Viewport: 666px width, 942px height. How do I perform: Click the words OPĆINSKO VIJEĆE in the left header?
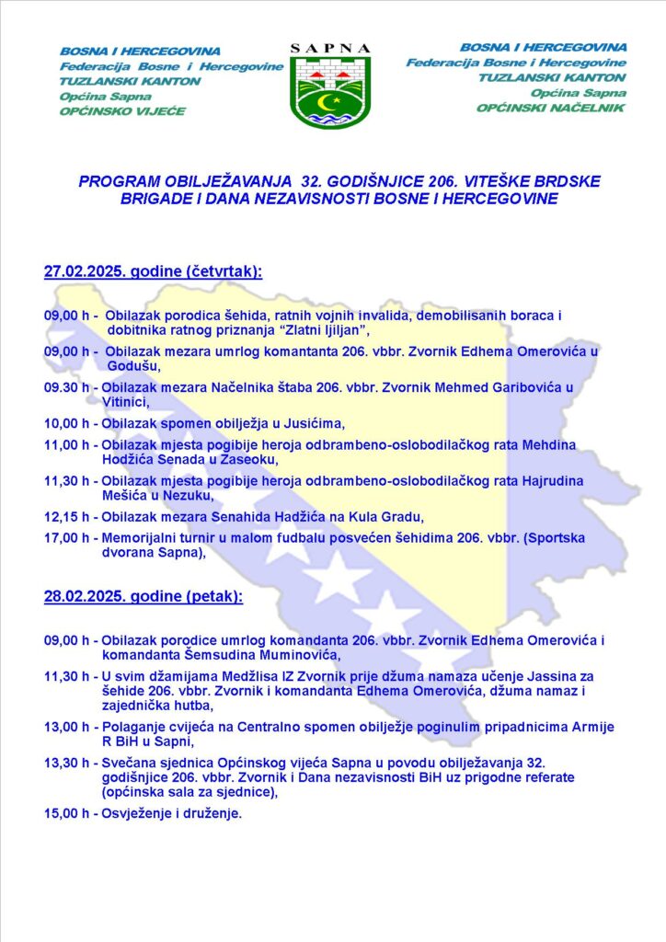(122, 111)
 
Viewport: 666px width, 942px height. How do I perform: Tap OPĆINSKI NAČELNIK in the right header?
(550, 108)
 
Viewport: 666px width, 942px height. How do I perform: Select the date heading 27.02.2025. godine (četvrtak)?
(153, 272)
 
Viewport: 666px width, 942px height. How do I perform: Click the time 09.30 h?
(71, 387)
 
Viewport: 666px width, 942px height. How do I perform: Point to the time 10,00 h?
(71, 423)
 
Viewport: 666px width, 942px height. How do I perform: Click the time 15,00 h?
(71, 813)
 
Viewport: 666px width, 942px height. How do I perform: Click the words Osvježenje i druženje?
(171, 813)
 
